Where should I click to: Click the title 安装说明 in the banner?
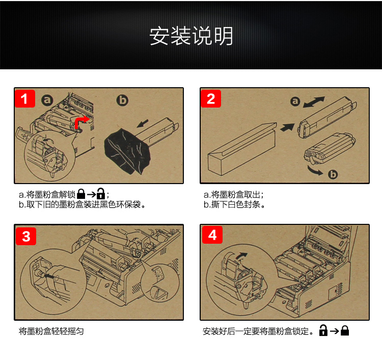pos(191,36)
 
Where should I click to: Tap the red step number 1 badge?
pos(25,99)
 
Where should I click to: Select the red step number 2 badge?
pos(211,99)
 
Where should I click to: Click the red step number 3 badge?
pos(26,236)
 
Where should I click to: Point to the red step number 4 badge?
pos(212,235)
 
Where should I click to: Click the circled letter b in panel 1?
pos(122,100)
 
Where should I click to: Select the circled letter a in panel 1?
pos(47,100)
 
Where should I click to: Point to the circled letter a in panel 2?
pos(295,101)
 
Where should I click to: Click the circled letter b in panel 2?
pos(333,174)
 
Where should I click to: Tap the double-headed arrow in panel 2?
pos(314,102)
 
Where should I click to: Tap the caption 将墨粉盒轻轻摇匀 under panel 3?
pos(51,331)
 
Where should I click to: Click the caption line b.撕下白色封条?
pos(234,204)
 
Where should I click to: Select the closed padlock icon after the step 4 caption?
pos(345,330)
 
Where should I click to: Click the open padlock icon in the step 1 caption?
pos(101,194)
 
